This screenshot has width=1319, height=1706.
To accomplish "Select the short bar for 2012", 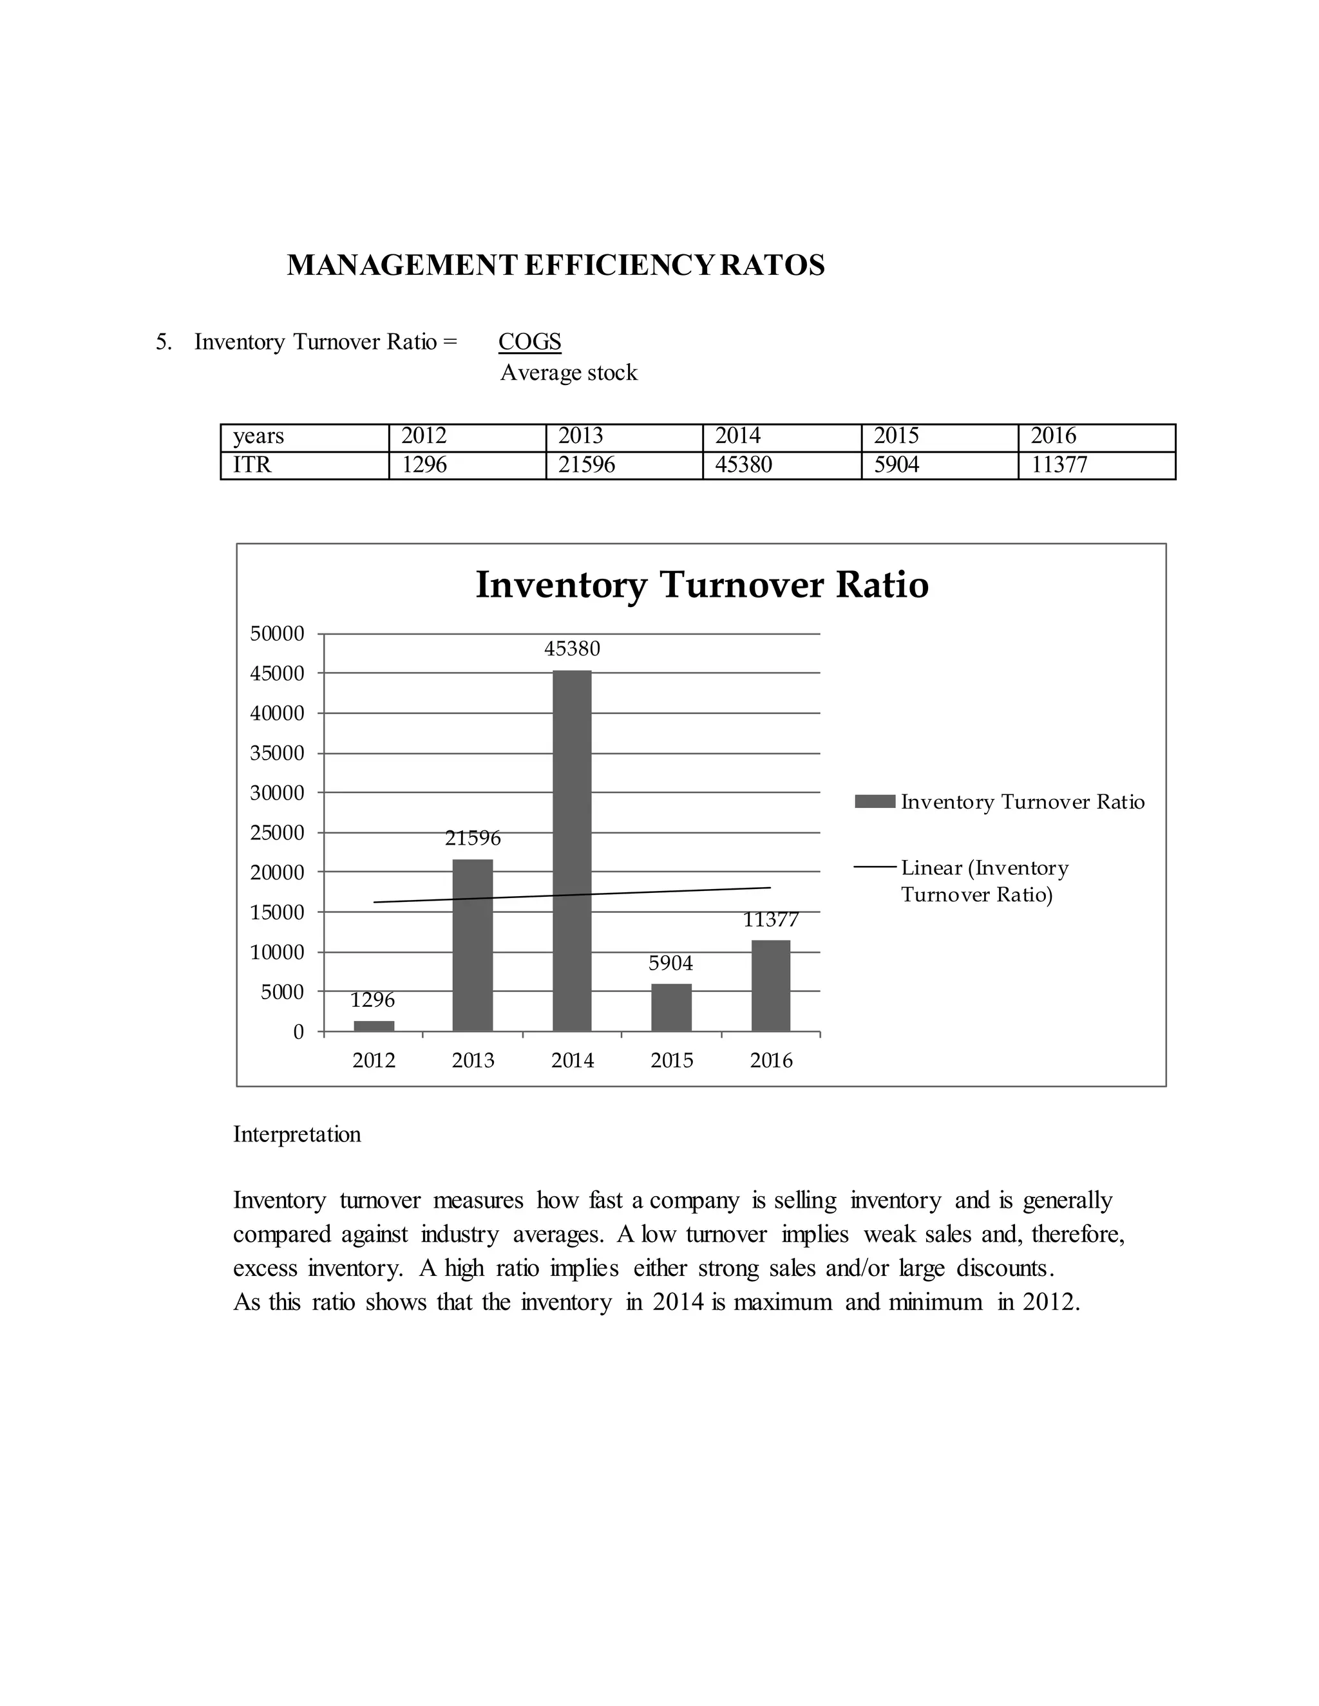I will (374, 1026).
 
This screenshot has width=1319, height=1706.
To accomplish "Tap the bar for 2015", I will (671, 1008).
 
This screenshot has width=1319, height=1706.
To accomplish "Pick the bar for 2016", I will (770, 985).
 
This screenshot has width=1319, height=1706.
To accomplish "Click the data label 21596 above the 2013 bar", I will (473, 838).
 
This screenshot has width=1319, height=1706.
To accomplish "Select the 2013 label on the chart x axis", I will (473, 1060).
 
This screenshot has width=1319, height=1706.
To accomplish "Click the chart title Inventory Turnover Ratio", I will (702, 585).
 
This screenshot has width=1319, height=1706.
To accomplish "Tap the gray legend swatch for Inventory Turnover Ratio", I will (875, 801).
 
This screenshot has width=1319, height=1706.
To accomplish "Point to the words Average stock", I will (568, 373).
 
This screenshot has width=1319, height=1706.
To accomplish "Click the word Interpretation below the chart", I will (297, 1134).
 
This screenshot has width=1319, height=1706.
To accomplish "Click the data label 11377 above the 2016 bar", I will (770, 920).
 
